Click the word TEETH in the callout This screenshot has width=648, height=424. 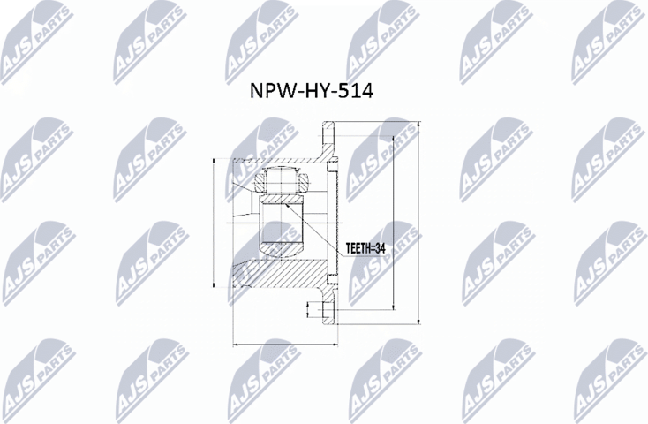tap(357, 250)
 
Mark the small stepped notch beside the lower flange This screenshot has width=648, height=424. tap(310, 309)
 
